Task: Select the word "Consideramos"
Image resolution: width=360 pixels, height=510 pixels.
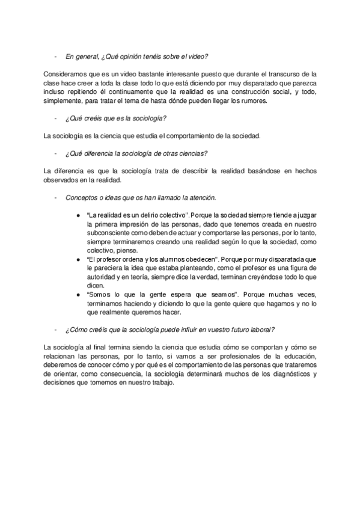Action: click(64, 73)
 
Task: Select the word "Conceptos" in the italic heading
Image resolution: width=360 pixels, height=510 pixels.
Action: click(81, 197)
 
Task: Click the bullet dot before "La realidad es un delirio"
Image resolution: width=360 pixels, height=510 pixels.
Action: click(79, 215)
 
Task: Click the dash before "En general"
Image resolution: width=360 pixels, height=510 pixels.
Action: click(55, 57)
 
